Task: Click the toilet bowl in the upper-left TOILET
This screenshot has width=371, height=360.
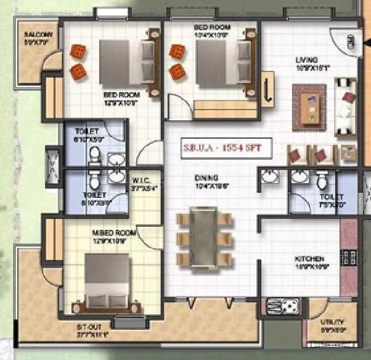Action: pyautogui.click(x=94, y=158)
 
